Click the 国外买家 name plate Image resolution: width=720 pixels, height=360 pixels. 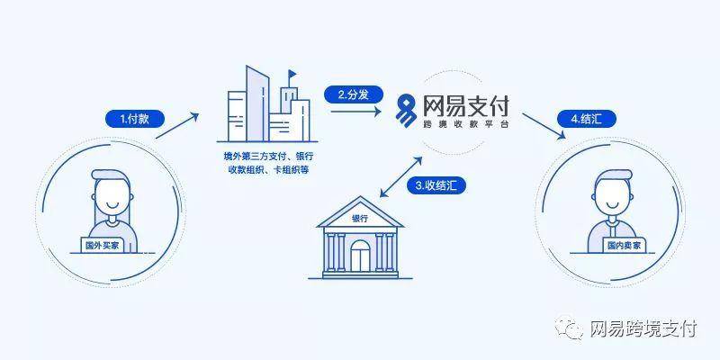[x=104, y=244]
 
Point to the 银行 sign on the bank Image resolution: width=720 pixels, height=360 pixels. [x=359, y=219]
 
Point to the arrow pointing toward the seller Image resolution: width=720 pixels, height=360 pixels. [x=546, y=123]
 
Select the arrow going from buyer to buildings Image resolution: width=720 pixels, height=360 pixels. [x=176, y=125]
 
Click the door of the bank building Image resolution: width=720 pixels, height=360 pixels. [x=359, y=259]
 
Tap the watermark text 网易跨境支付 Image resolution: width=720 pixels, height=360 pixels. [x=643, y=329]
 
